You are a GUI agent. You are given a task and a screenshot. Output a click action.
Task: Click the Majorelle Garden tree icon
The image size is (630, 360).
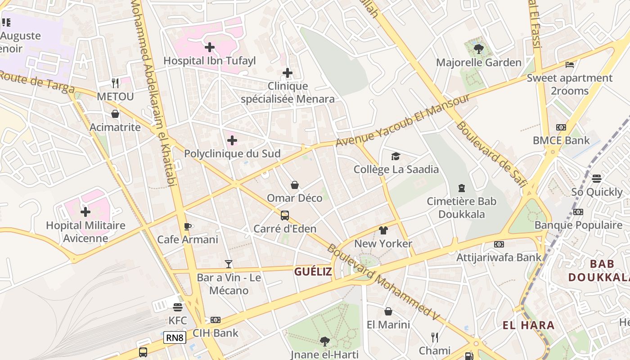pos(478,49)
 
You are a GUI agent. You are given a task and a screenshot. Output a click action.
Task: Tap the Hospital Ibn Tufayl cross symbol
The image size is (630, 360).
pos(209,47)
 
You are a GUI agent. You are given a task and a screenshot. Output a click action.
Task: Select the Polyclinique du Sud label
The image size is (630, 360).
pos(232,153)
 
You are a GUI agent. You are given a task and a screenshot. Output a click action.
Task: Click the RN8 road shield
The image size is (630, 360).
pos(175,337)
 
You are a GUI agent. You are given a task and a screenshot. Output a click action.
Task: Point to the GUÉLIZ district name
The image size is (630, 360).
pos(313,272)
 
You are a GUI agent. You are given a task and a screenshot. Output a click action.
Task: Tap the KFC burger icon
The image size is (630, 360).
pos(177,307)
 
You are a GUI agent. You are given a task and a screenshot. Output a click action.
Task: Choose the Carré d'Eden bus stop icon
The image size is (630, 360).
pos(285,216)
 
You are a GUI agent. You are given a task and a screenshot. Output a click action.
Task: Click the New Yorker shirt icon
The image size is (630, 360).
pos(383,231)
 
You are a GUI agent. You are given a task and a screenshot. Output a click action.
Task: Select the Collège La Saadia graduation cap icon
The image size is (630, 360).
pos(396,156)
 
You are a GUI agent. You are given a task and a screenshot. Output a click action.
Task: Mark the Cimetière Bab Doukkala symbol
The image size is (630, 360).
pos(461,188)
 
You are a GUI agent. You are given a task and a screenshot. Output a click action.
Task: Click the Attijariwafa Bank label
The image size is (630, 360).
pos(499,257)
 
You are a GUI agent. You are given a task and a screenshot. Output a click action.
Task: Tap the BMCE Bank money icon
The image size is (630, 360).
pos(561,127)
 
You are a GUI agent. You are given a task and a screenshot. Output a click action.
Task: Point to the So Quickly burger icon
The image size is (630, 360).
pos(597,179)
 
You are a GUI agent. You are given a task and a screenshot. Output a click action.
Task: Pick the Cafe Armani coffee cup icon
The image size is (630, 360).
pos(188,226)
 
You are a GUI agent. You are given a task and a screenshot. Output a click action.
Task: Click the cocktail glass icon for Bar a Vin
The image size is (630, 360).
pos(229,264)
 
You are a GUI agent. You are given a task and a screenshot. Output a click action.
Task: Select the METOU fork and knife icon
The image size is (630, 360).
pos(115,83)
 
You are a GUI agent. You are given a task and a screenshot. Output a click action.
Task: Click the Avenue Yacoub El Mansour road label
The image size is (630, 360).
pos(403,120)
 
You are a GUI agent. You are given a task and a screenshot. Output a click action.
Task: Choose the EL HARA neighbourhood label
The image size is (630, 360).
pos(528,325)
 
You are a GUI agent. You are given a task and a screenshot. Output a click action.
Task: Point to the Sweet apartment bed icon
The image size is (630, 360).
pos(569,65)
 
